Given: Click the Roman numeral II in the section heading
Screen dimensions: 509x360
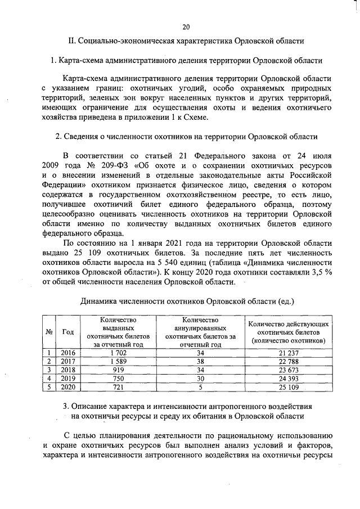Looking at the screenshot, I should [x=71, y=41].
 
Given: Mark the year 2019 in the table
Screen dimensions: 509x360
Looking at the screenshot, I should [x=67, y=378].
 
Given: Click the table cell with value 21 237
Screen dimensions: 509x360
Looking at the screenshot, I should [x=287, y=353].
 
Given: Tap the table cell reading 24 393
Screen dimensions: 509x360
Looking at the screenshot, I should [x=287, y=378].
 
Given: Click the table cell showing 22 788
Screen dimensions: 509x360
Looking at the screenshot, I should [x=287, y=361].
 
